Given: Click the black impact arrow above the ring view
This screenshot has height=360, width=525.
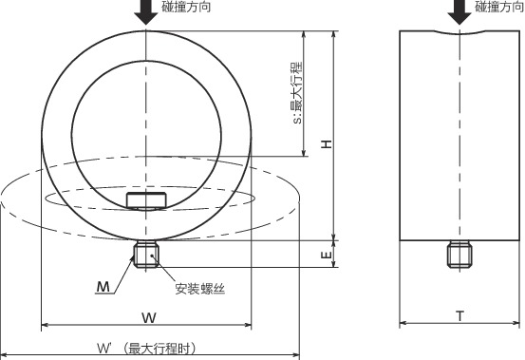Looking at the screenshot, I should [x=146, y=11].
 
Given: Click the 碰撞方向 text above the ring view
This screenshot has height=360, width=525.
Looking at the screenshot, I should [x=187, y=7].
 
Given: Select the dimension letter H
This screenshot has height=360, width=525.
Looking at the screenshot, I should [x=325, y=143].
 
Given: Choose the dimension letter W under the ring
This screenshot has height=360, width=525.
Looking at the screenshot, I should [x=148, y=316].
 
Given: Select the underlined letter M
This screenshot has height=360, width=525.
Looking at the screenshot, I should [x=103, y=285].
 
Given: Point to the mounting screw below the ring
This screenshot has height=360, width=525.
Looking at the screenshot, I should [x=146, y=256].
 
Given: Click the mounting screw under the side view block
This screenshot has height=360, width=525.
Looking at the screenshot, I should [x=459, y=255].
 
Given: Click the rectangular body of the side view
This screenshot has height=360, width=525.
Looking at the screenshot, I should [x=459, y=133].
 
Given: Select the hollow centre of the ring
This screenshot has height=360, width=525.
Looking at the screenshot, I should [x=146, y=119].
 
